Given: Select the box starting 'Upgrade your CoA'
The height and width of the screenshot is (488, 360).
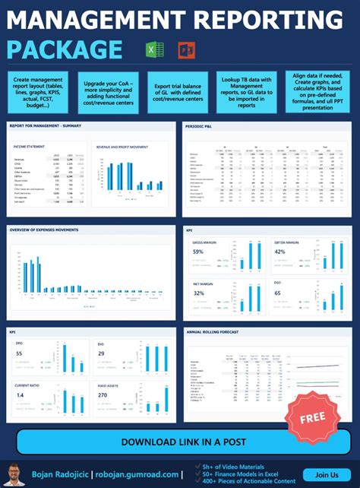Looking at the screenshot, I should pyautogui.click(x=109, y=92).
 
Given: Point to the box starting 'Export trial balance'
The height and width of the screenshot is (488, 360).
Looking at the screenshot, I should pyautogui.click(x=178, y=92).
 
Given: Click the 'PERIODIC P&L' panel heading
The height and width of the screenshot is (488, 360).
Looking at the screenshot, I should pyautogui.click(x=201, y=125).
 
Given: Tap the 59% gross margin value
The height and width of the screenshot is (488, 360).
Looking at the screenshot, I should pyautogui.click(x=198, y=252).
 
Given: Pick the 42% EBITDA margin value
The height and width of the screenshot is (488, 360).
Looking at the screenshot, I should pyautogui.click(x=279, y=252).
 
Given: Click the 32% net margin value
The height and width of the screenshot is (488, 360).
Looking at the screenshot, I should pyautogui.click(x=198, y=293).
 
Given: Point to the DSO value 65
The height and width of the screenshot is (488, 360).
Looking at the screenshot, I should pyautogui.click(x=278, y=293).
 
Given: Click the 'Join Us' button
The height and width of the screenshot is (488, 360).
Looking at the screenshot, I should pyautogui.click(x=327, y=475).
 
